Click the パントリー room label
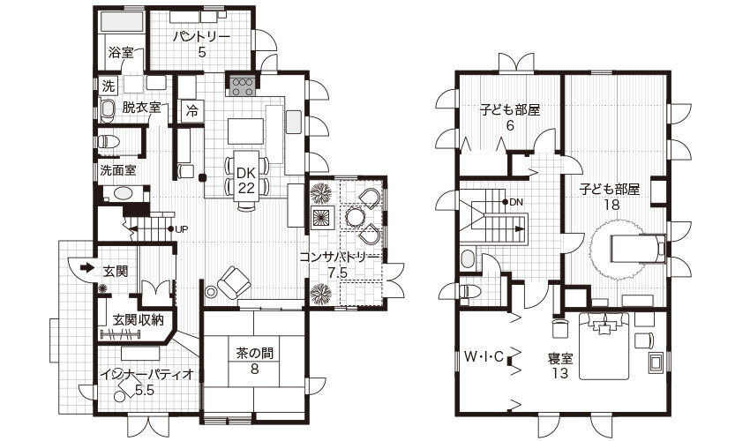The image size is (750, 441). tap(201, 36)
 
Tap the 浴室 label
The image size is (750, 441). tap(121, 52)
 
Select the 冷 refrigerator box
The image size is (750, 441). tap(191, 111)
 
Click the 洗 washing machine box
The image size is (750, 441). tap(109, 86)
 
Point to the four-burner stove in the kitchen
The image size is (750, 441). tap(243, 87)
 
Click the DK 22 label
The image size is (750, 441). tap(246, 180)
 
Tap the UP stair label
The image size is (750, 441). tap(181, 229)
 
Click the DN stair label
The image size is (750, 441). tap(516, 202)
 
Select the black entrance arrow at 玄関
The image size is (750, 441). tap(87, 267)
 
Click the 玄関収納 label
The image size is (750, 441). tap(139, 319)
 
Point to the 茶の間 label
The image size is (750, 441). tap(254, 354)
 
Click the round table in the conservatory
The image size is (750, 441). tap(354, 217)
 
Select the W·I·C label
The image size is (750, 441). tap(484, 356)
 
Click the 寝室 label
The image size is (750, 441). tap(560, 358)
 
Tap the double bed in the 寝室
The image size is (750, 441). tap(604, 346)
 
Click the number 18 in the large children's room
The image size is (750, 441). tap(611, 205)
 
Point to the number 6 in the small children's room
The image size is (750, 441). tap(510, 126)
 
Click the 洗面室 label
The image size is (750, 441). tap(117, 170)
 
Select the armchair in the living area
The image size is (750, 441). tap(234, 282)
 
